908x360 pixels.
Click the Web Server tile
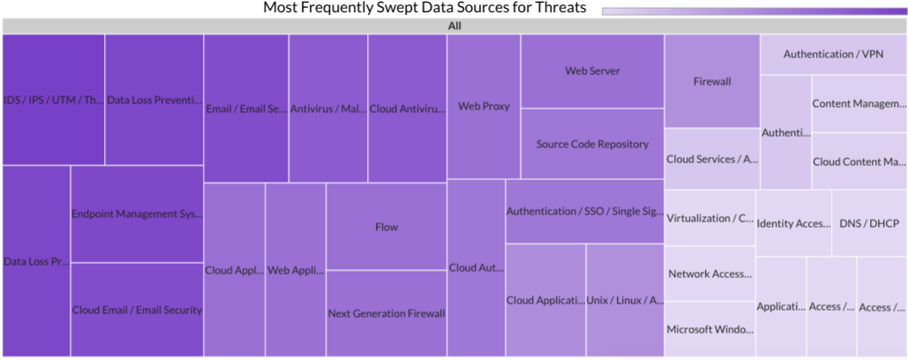tap(592, 71)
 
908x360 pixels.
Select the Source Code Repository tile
tap(592, 144)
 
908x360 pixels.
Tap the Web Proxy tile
tap(484, 107)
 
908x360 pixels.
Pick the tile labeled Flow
tap(386, 226)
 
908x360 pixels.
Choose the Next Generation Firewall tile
tap(386, 313)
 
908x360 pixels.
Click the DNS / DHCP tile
tap(869, 223)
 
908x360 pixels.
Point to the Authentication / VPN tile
tap(833, 55)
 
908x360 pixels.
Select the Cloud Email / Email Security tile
tap(137, 310)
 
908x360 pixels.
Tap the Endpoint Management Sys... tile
tap(137, 214)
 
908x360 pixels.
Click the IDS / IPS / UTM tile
tap(53, 100)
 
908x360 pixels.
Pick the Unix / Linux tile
tap(625, 300)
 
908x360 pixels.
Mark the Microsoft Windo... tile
tap(710, 329)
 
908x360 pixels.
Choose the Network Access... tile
tap(710, 274)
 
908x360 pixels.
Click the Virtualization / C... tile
tap(710, 218)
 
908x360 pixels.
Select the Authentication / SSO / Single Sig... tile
tap(584, 211)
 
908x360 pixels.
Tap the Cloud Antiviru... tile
tap(407, 109)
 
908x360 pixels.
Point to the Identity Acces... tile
tap(793, 223)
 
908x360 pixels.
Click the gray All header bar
tap(454, 26)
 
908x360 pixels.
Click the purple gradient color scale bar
tap(754, 11)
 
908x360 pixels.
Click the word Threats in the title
tap(559, 8)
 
